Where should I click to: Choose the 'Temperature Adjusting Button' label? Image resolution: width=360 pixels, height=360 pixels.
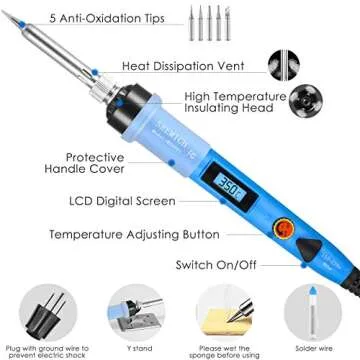(x=122, y=235)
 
